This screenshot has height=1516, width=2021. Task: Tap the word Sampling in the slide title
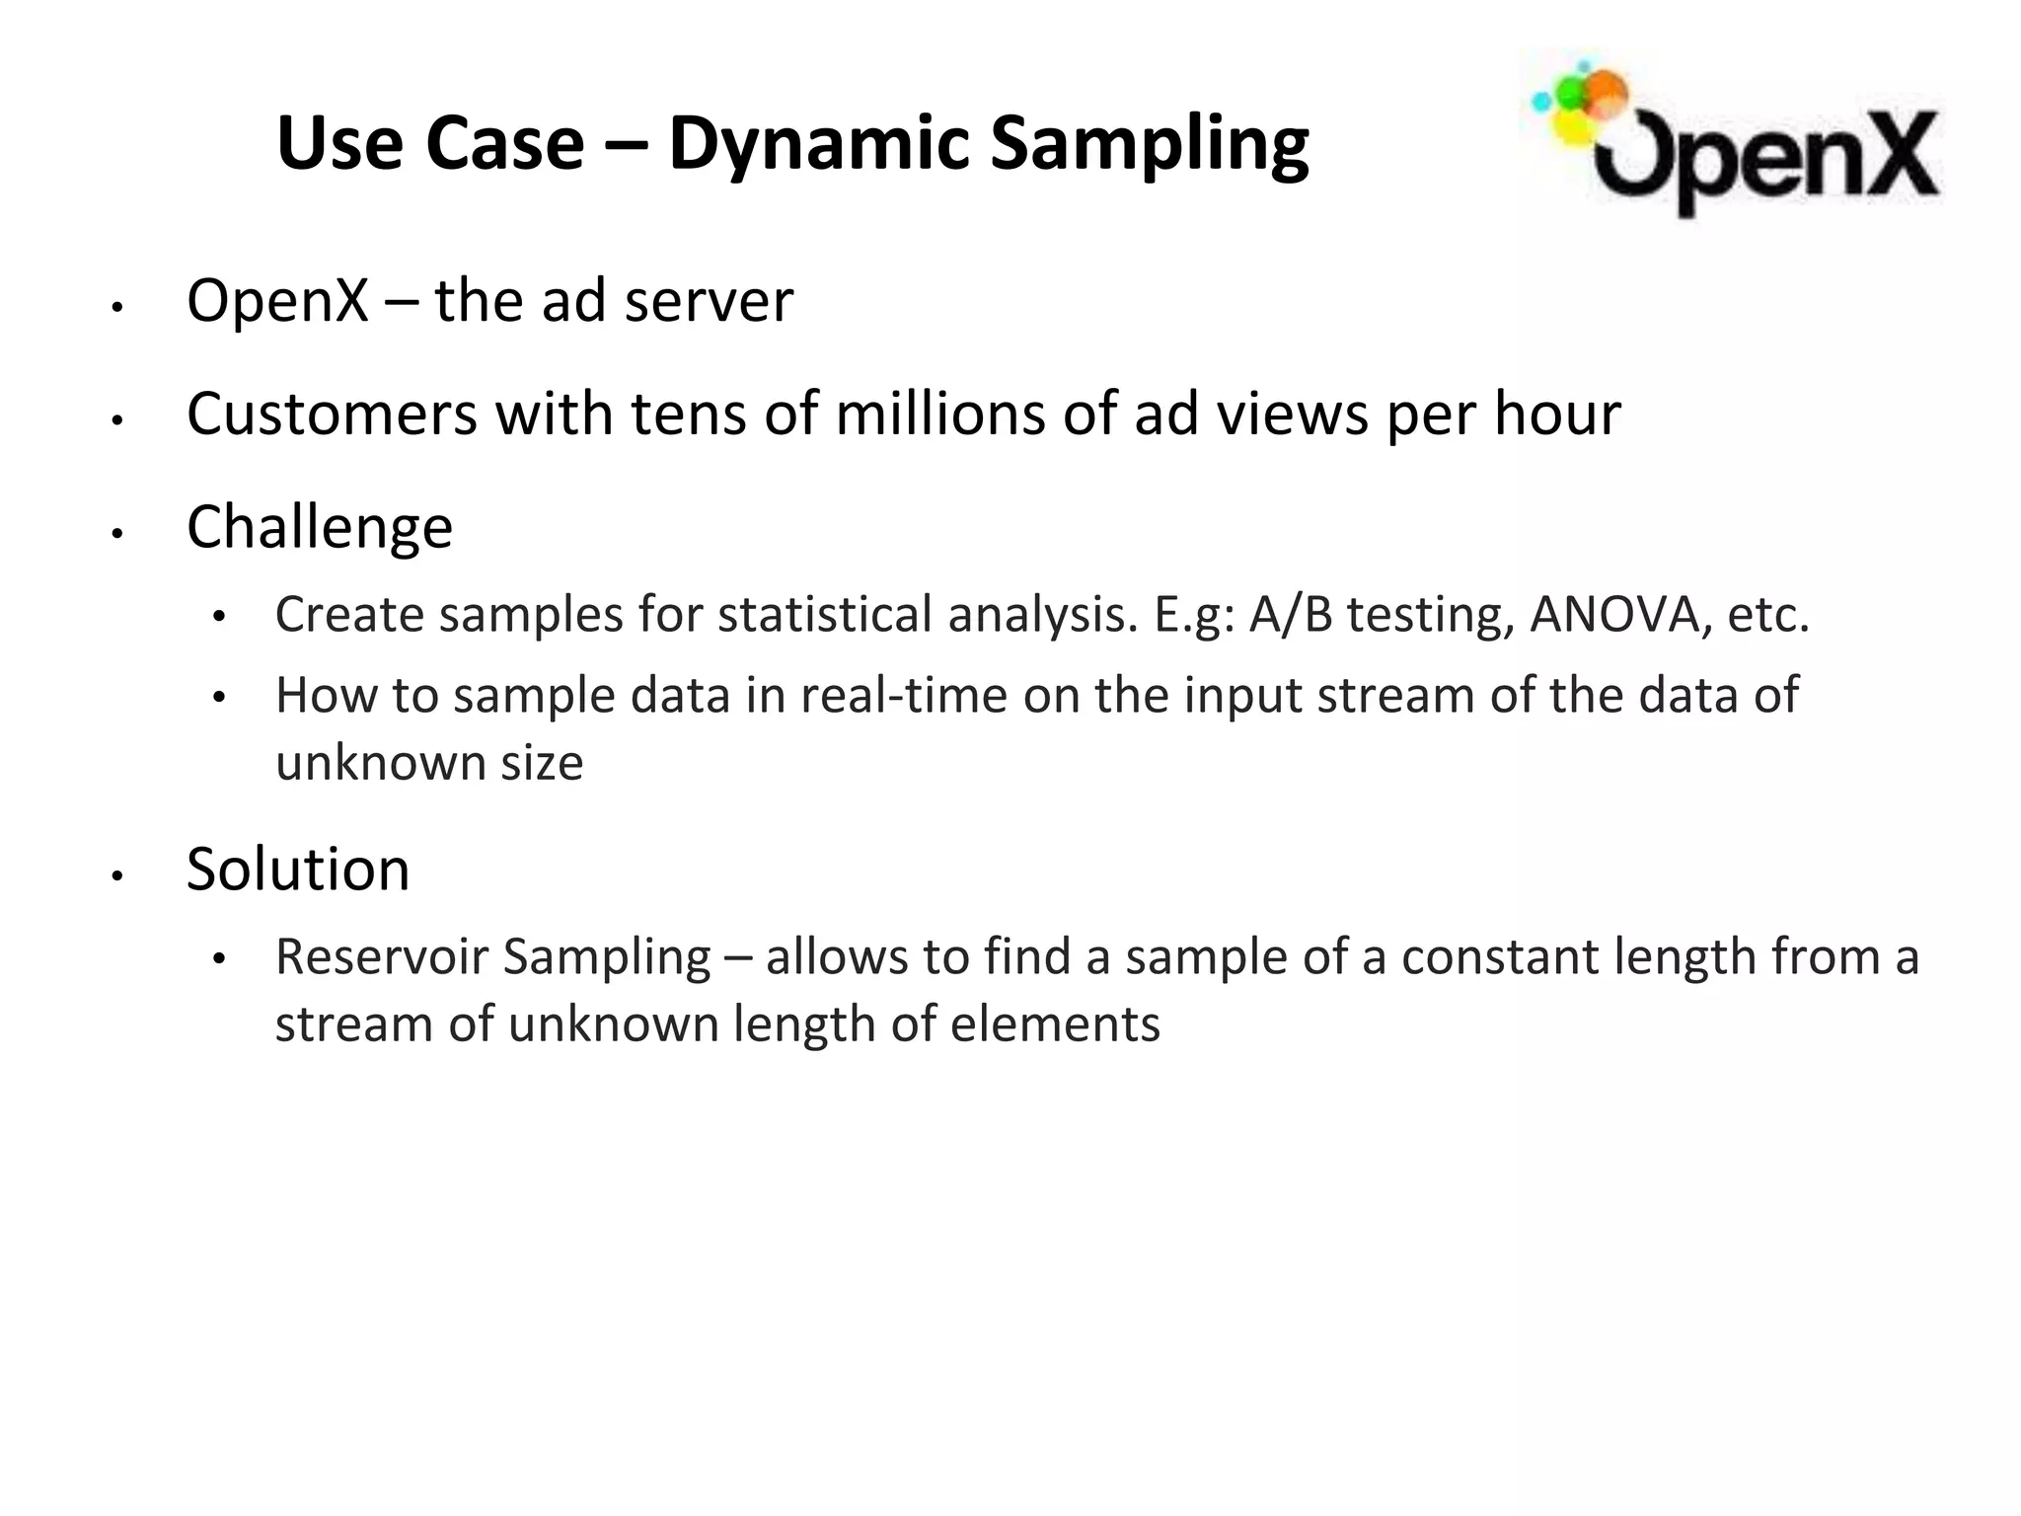point(1149,145)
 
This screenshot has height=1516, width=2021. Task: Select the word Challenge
point(320,527)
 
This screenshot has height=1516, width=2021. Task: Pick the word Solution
point(298,870)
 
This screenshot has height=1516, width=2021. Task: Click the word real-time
point(904,696)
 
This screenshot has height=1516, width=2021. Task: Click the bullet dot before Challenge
point(116,534)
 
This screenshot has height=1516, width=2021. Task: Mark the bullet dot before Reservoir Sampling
point(219,958)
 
